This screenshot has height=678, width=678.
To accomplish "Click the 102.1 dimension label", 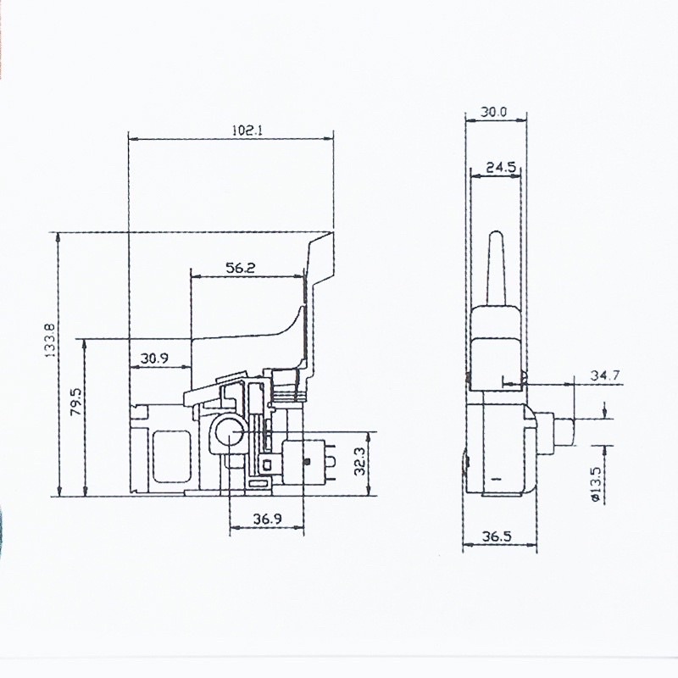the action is pos(247,131).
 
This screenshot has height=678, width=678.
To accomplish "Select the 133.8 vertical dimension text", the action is pos(51,340).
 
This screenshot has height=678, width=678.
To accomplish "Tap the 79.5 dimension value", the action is pos(76,401).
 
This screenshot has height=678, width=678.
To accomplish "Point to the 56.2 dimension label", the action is pos(241,268).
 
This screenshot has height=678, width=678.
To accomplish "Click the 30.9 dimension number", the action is pos(154,358).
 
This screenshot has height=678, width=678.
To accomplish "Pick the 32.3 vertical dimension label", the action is pos(360,461).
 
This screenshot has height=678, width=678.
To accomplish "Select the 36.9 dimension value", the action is pos(267,519).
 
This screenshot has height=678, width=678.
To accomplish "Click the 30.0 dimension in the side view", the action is pos(494,112).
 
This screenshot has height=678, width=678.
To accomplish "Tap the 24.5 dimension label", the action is pos(501,167).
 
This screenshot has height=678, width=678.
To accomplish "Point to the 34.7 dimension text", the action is pos(605,375).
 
